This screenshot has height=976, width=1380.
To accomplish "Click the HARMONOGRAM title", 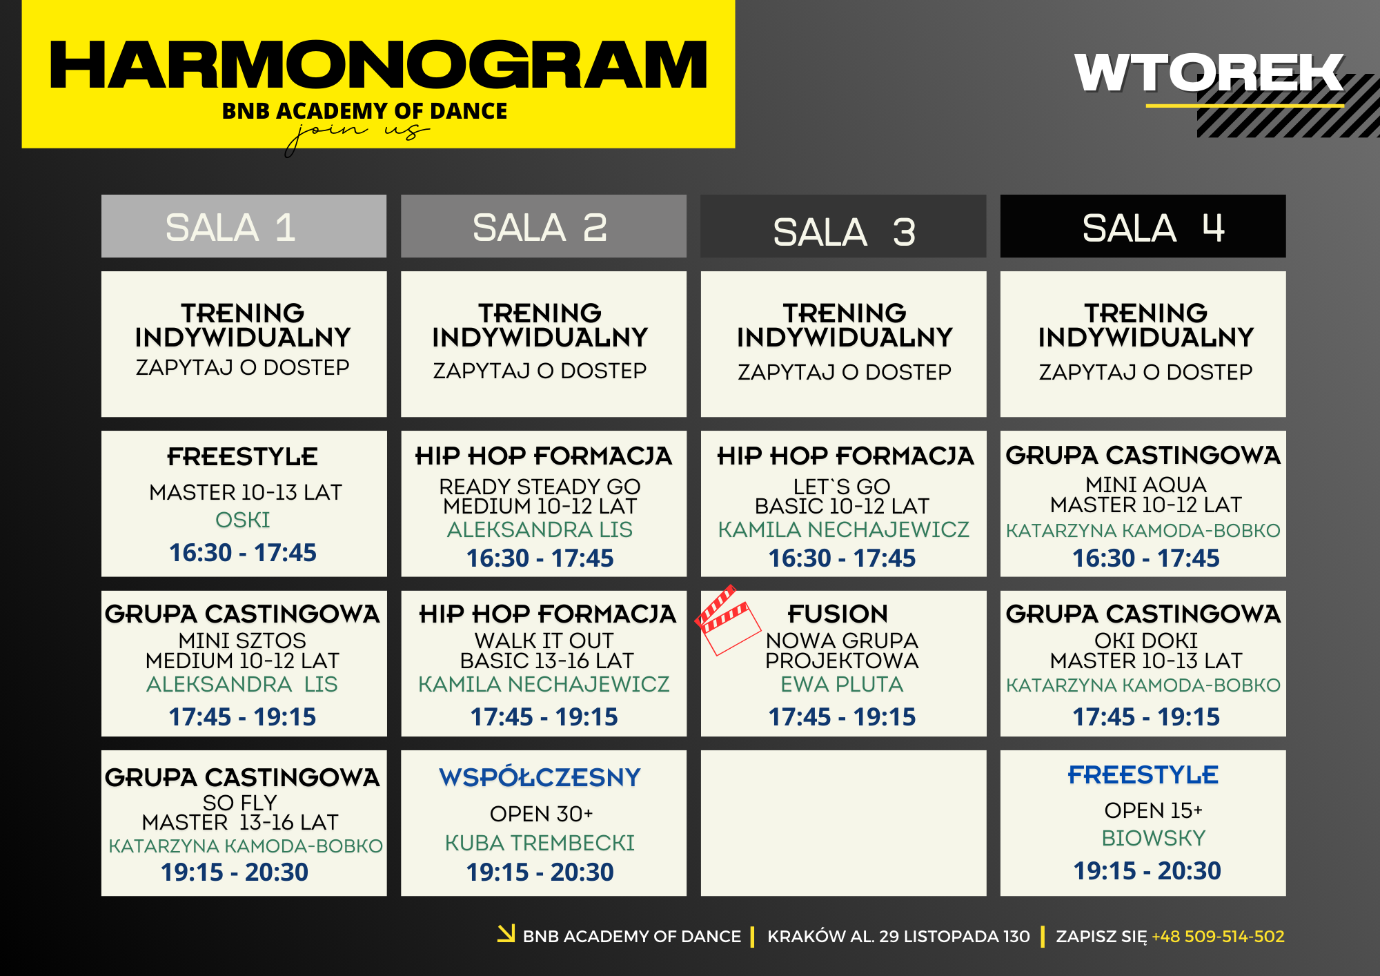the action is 378,65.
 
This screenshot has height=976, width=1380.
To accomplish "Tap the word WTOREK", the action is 1209,73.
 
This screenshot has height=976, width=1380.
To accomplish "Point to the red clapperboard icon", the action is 727,620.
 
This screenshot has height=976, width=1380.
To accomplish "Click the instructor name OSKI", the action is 243,520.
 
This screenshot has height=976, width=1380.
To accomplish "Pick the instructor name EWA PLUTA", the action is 842,684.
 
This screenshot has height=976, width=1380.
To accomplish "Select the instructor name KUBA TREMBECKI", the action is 540,843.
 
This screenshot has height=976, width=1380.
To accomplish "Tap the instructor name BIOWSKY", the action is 1153,838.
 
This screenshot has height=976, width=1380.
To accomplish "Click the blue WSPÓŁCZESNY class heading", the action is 540,777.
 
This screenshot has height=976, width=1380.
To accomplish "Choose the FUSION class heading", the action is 838,614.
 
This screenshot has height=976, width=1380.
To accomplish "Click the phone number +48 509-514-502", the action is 1218,937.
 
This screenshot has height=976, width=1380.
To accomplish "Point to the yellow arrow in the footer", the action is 506,933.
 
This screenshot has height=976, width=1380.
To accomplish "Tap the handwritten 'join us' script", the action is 357,135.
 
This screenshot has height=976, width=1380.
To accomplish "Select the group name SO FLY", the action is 240,802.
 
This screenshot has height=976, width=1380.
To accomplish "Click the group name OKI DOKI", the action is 1146,641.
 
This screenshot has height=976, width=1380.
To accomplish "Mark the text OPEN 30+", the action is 542,814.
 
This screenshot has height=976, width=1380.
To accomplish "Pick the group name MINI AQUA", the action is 1146,485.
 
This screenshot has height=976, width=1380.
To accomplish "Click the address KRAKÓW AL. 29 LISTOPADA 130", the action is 898,937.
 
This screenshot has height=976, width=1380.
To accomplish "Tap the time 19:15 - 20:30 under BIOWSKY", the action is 1147,871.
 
